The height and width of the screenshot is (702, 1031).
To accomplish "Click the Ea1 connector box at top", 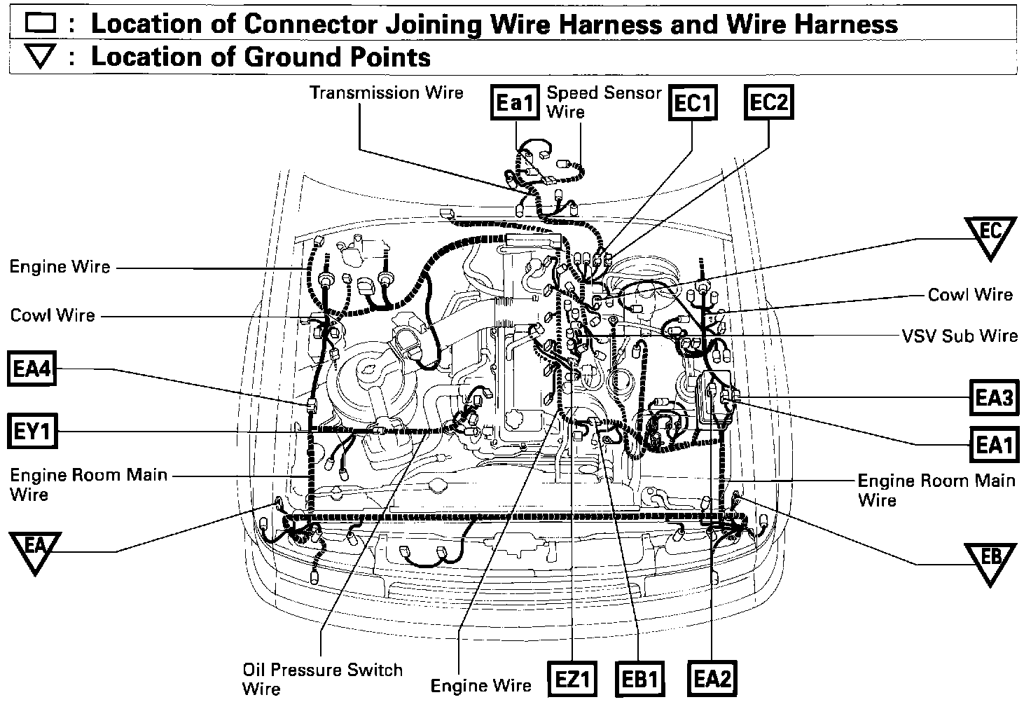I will [515, 104].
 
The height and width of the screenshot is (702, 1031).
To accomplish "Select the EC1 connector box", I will [692, 104].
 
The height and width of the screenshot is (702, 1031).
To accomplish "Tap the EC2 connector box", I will [769, 103].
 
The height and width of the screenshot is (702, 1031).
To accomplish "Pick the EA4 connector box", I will [32, 369].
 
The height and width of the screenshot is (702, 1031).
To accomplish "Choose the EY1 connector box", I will [32, 432].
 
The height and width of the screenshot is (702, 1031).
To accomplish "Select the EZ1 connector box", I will [573, 679].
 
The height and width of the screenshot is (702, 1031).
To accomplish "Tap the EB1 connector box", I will [639, 679].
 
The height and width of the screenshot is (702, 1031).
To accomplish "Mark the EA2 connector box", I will [712, 679].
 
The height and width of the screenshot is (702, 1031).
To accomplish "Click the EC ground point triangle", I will [990, 235].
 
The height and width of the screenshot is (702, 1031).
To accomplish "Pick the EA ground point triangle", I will [36, 548].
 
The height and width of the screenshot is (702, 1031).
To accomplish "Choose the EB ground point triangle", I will [990, 560].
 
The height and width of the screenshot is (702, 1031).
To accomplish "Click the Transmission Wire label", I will [387, 92].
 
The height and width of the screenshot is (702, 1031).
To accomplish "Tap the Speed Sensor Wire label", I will [603, 102].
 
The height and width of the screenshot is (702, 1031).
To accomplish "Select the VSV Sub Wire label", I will [959, 336].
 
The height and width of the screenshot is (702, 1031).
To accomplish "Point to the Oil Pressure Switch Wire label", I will [322, 678].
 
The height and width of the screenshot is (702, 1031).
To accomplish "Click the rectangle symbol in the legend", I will [41, 25].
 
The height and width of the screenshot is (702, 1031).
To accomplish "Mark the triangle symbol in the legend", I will [41, 57].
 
